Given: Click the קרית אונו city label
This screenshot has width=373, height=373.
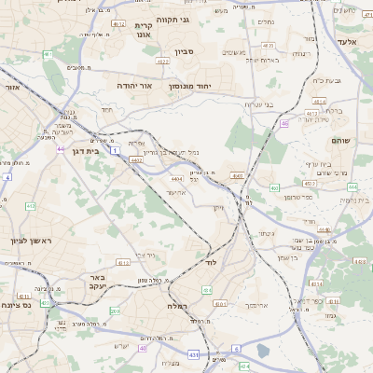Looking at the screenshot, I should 143,31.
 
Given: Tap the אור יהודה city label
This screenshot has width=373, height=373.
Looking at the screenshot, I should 133,84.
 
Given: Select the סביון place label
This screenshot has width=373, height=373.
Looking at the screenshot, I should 182,52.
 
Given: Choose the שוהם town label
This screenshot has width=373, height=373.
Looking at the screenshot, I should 340,140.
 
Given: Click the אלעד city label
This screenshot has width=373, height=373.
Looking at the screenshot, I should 346,42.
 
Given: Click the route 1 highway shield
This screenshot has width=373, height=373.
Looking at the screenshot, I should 114,149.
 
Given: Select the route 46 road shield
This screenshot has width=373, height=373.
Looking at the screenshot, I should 283,111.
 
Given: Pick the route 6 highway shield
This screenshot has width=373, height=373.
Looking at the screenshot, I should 237,348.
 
